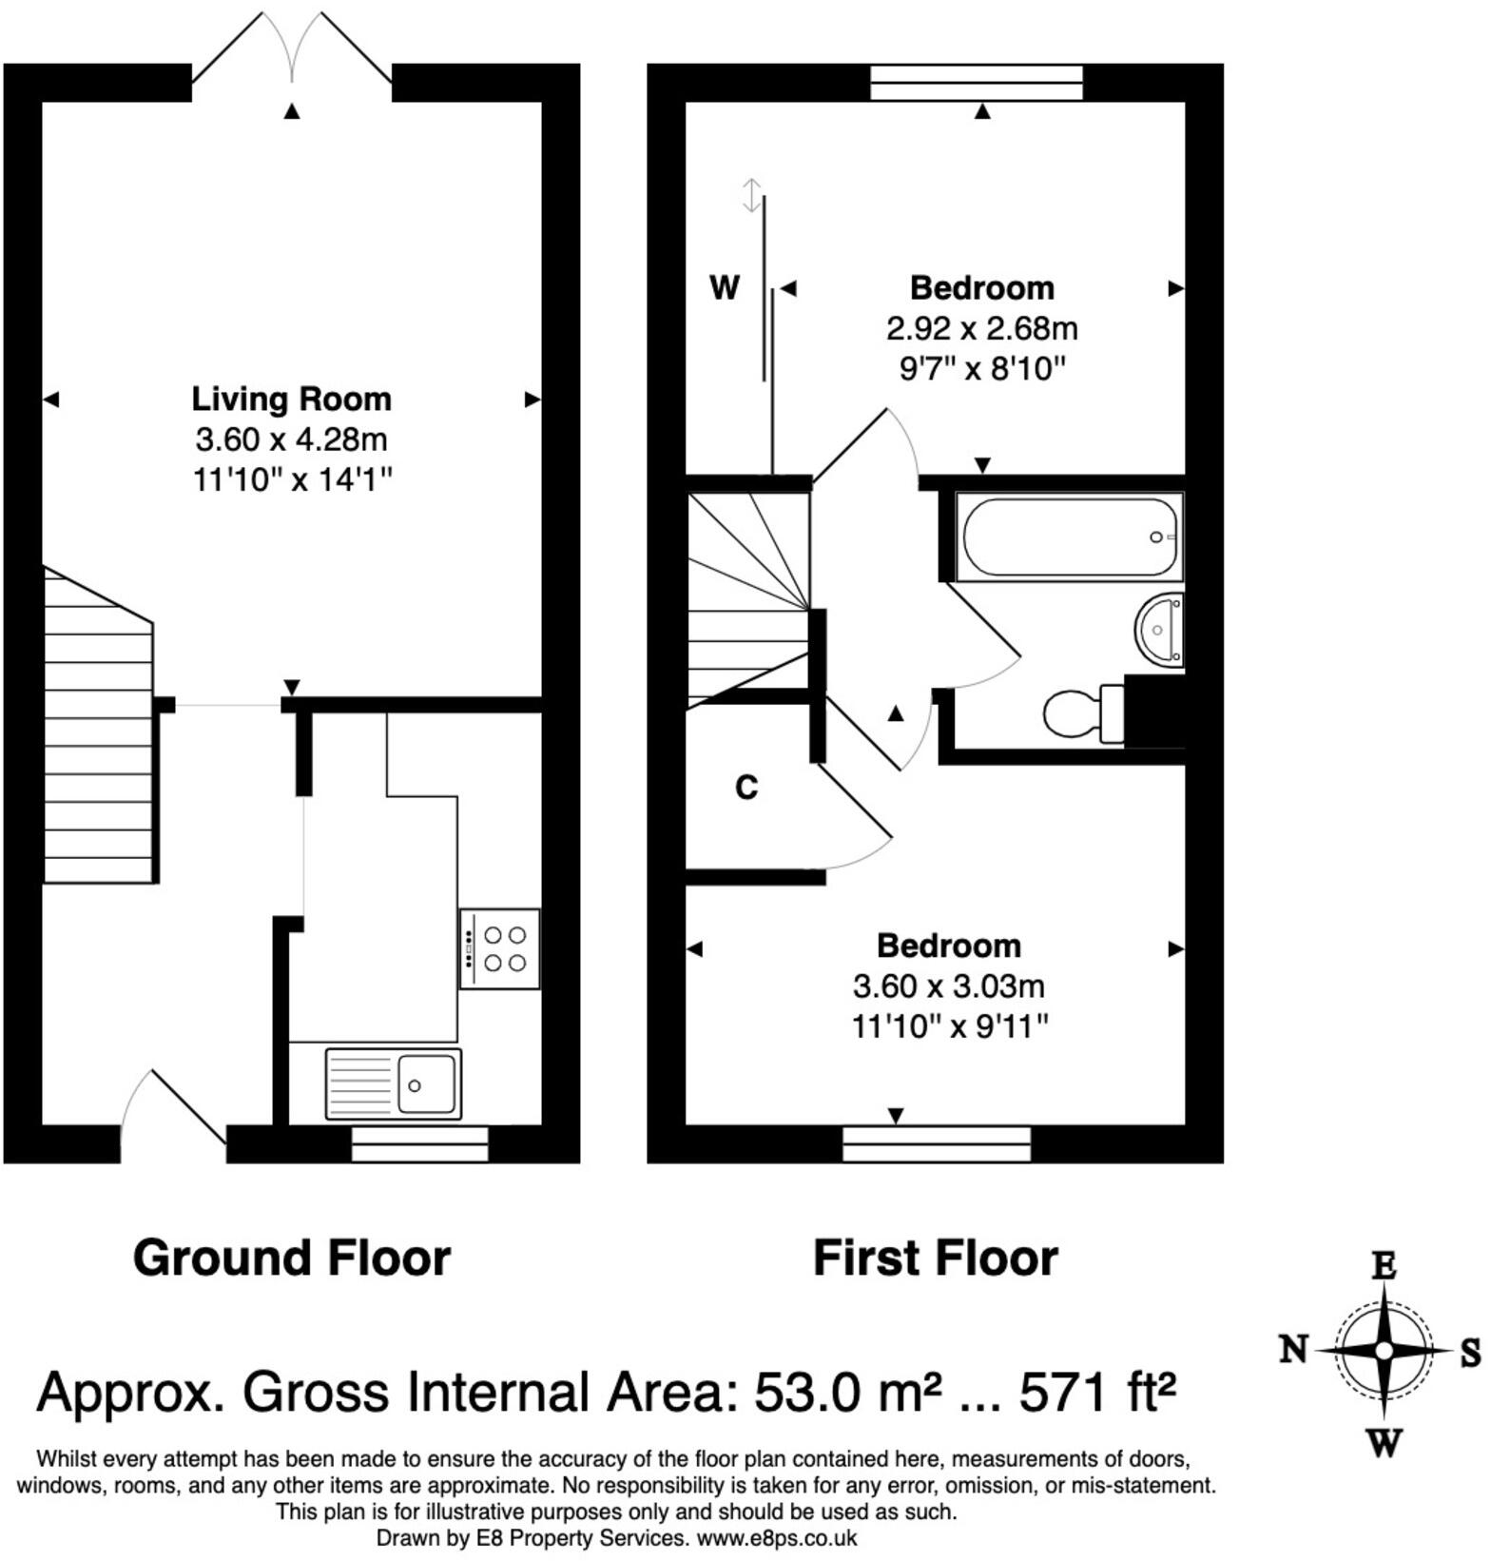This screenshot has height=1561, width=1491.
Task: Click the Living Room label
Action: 291,399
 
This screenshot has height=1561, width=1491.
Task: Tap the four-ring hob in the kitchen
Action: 500,948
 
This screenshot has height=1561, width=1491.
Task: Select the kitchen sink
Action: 393,1083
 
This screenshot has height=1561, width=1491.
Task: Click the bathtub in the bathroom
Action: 1069,537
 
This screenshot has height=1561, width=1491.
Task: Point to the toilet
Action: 1084,713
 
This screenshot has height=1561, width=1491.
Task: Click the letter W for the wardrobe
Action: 725,287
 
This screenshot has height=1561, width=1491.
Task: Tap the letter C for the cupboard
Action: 746,788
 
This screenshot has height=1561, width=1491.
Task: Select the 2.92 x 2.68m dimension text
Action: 982,329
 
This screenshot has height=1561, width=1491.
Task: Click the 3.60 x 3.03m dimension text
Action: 949,986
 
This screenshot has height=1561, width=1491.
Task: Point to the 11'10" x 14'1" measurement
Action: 293,479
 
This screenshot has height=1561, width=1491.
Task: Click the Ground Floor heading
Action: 292,1258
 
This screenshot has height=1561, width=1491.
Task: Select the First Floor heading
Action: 936,1258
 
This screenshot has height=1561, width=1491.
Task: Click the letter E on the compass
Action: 1384,1266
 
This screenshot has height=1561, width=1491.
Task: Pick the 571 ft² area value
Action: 1098,1393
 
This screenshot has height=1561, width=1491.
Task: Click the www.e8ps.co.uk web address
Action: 777,1538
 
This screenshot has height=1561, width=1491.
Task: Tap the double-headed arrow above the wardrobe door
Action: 752,195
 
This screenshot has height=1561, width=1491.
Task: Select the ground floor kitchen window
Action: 419,1144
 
